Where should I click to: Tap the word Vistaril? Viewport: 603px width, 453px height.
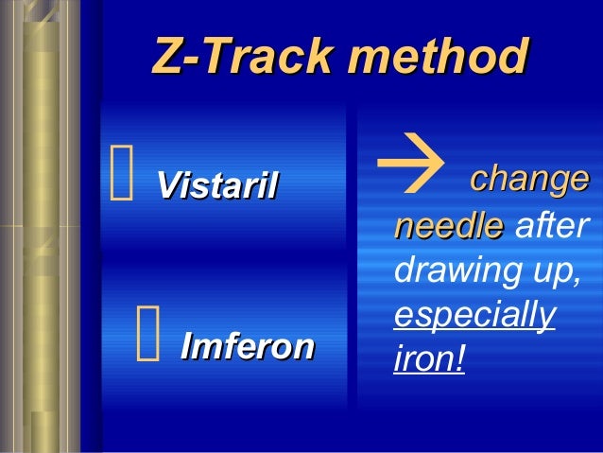(x=216, y=184)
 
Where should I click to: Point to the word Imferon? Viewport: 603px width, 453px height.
(x=247, y=347)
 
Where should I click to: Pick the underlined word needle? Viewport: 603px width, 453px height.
(x=448, y=226)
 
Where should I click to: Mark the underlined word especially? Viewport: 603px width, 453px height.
(x=473, y=316)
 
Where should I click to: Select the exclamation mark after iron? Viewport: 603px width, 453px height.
(x=460, y=360)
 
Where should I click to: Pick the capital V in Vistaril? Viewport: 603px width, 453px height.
(x=168, y=184)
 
